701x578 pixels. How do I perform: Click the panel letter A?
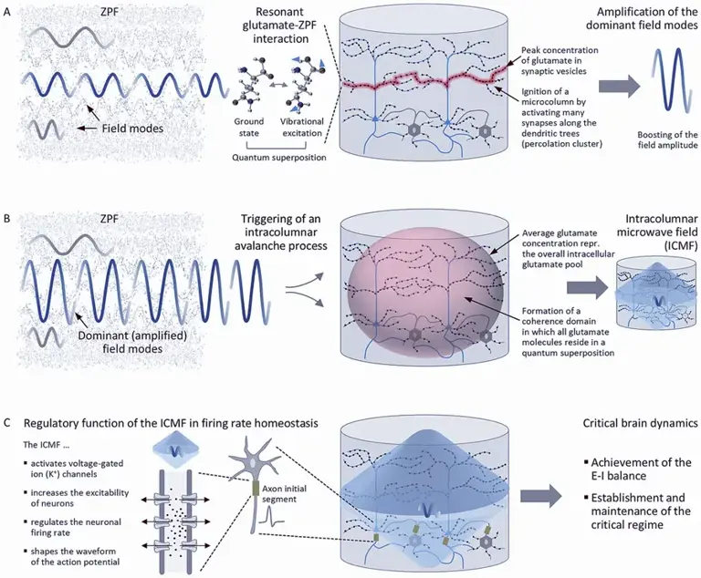6,13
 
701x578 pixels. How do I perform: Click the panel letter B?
6,220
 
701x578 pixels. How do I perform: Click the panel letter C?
6,422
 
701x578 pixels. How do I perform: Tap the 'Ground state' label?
249,128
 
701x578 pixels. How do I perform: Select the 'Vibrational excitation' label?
301,128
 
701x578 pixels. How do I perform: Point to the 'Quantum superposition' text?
279,157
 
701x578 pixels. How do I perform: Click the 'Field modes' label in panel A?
132,129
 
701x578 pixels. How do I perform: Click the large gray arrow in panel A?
620,86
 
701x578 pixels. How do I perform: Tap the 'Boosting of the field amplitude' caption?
667,139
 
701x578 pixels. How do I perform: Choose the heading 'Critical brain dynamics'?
640,423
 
